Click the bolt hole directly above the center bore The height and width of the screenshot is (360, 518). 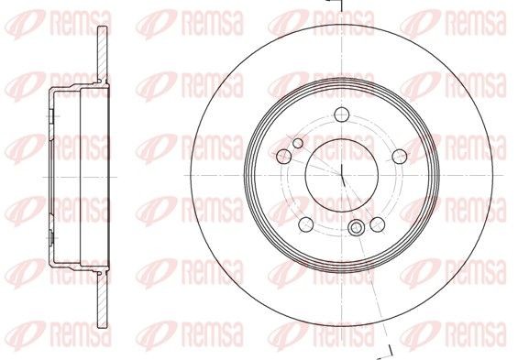(341, 115)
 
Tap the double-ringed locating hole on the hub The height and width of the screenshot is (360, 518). (356, 229)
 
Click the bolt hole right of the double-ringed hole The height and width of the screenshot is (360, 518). (376, 224)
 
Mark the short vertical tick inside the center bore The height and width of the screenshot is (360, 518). (341, 171)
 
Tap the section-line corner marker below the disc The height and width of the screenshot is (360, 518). (390, 351)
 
